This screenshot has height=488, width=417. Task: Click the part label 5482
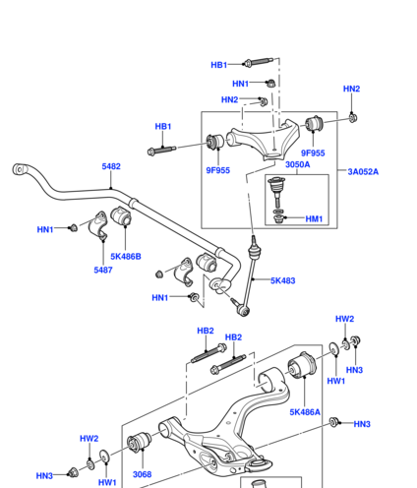pos(111,166)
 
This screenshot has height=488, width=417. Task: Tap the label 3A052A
pos(363,171)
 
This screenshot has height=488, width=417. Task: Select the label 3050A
pos(297,164)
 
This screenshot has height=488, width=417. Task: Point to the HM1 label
pos(314,218)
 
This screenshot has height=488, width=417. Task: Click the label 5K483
pos(283,280)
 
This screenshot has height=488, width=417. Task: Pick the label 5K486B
pos(126,256)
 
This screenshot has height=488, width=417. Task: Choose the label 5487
pos(103,270)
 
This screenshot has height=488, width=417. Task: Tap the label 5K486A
pos(305,412)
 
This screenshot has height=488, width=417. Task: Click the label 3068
pos(142,474)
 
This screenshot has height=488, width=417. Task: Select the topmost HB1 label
pos(219,65)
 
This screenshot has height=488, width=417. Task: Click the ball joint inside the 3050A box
pos(276,190)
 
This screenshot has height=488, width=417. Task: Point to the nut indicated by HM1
pos(278,218)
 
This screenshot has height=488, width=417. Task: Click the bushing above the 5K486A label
pos(302,365)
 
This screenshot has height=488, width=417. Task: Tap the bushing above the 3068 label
pos(139,442)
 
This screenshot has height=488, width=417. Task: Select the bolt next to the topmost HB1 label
pos(259,62)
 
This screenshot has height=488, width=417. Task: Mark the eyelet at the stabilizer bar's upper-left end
pos(20,169)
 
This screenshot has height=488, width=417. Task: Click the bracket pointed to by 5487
pos(98,225)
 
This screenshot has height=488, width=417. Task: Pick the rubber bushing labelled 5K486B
pos(121,215)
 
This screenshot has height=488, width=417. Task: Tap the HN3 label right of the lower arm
pos(362,424)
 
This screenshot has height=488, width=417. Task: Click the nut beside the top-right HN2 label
pos(353,117)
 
